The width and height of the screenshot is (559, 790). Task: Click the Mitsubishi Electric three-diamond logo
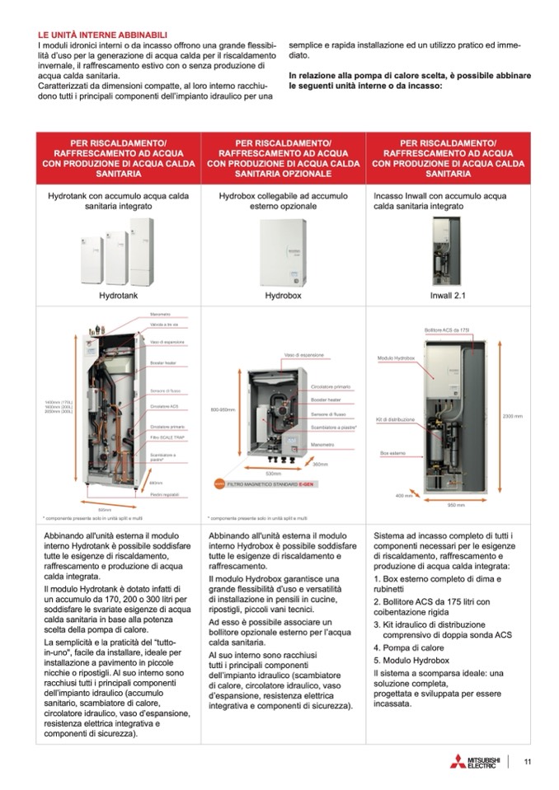tap(458, 761)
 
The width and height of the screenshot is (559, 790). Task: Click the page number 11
tap(527, 762)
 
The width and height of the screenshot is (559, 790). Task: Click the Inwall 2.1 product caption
tap(448, 294)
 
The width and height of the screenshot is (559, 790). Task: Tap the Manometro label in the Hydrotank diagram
tap(160, 315)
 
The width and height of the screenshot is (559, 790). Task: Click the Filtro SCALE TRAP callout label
tap(166, 439)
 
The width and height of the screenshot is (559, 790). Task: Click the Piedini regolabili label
tap(164, 493)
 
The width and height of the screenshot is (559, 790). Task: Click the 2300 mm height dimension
tap(512, 416)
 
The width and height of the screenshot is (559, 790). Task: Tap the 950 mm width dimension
tap(456, 504)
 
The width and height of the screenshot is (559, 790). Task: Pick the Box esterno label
tap(392, 453)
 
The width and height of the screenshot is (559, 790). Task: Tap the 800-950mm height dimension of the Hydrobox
tap(223, 409)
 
